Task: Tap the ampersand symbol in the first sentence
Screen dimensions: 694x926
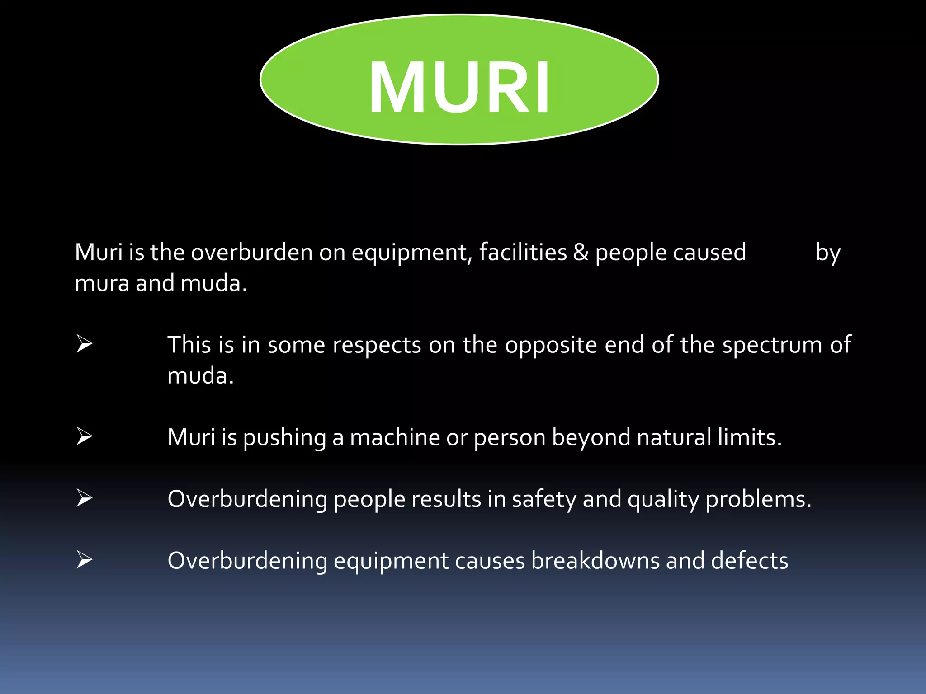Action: pos(581,252)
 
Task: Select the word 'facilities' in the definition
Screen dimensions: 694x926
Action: pos(523,252)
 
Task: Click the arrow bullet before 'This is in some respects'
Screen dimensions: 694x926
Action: pos(85,344)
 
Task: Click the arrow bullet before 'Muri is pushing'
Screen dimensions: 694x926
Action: pos(85,436)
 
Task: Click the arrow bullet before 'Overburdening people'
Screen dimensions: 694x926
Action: pos(85,498)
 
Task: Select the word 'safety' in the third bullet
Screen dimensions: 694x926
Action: pos(544,500)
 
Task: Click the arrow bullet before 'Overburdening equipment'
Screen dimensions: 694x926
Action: pos(85,559)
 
